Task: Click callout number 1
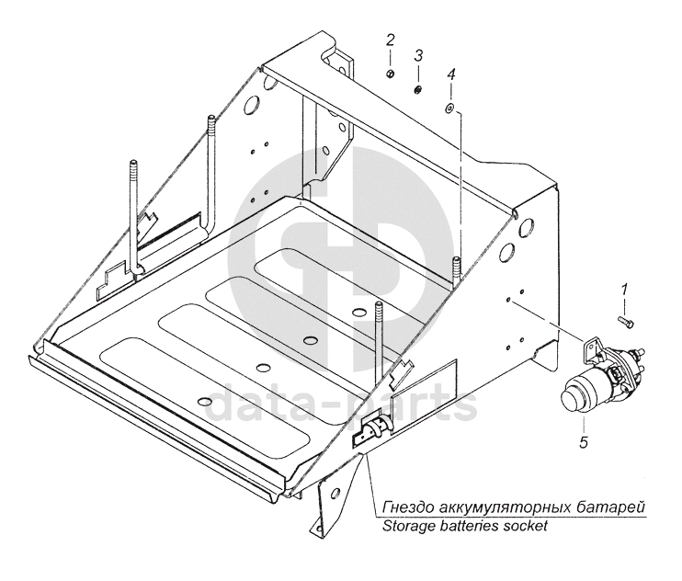[624, 290]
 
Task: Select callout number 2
[390, 40]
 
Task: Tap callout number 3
[418, 56]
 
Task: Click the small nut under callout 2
[390, 74]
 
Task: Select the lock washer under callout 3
[418, 89]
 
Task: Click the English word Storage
[400, 527]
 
